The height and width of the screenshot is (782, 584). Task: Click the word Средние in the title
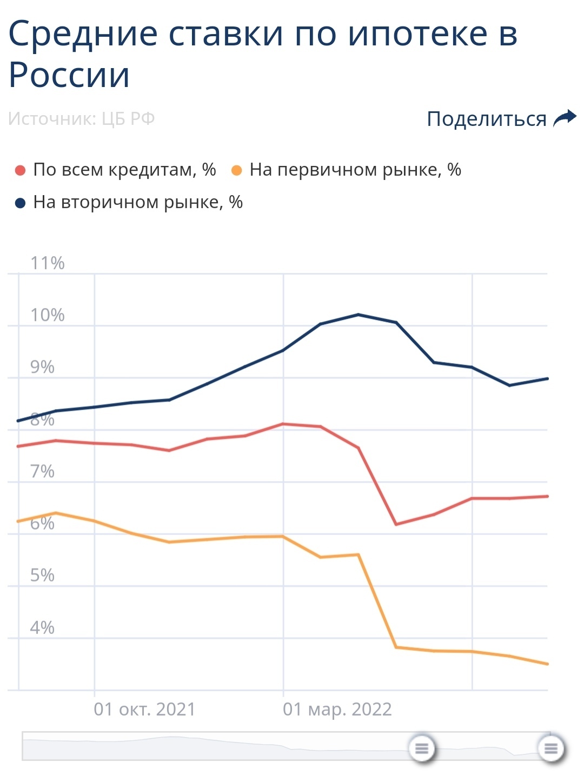click(x=84, y=34)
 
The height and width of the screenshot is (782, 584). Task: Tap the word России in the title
click(x=69, y=75)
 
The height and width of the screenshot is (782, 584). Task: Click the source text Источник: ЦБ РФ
click(x=82, y=118)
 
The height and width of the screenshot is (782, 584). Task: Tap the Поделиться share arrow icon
click(x=565, y=118)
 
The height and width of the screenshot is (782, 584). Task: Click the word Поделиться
click(x=487, y=119)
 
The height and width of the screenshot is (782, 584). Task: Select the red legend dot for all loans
click(x=21, y=171)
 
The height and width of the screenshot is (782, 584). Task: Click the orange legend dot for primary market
click(x=236, y=171)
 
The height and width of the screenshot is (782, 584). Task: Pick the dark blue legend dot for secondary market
click(x=21, y=203)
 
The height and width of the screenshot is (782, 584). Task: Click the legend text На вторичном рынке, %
click(x=138, y=202)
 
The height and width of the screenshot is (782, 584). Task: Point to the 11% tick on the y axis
click(x=47, y=263)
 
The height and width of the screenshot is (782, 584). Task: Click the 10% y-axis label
click(x=47, y=315)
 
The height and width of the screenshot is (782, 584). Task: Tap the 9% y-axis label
click(x=42, y=367)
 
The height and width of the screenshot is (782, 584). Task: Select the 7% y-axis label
click(x=42, y=472)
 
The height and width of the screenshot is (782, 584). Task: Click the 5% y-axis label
click(x=42, y=576)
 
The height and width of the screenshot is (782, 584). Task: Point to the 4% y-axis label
click(x=42, y=628)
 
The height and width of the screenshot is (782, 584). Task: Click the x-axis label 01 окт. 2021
click(x=144, y=709)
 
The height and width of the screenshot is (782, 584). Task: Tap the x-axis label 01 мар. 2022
click(x=337, y=709)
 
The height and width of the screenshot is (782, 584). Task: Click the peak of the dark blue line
click(x=359, y=315)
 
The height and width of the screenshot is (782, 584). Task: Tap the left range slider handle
click(x=422, y=748)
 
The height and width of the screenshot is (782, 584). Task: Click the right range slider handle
click(x=551, y=748)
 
